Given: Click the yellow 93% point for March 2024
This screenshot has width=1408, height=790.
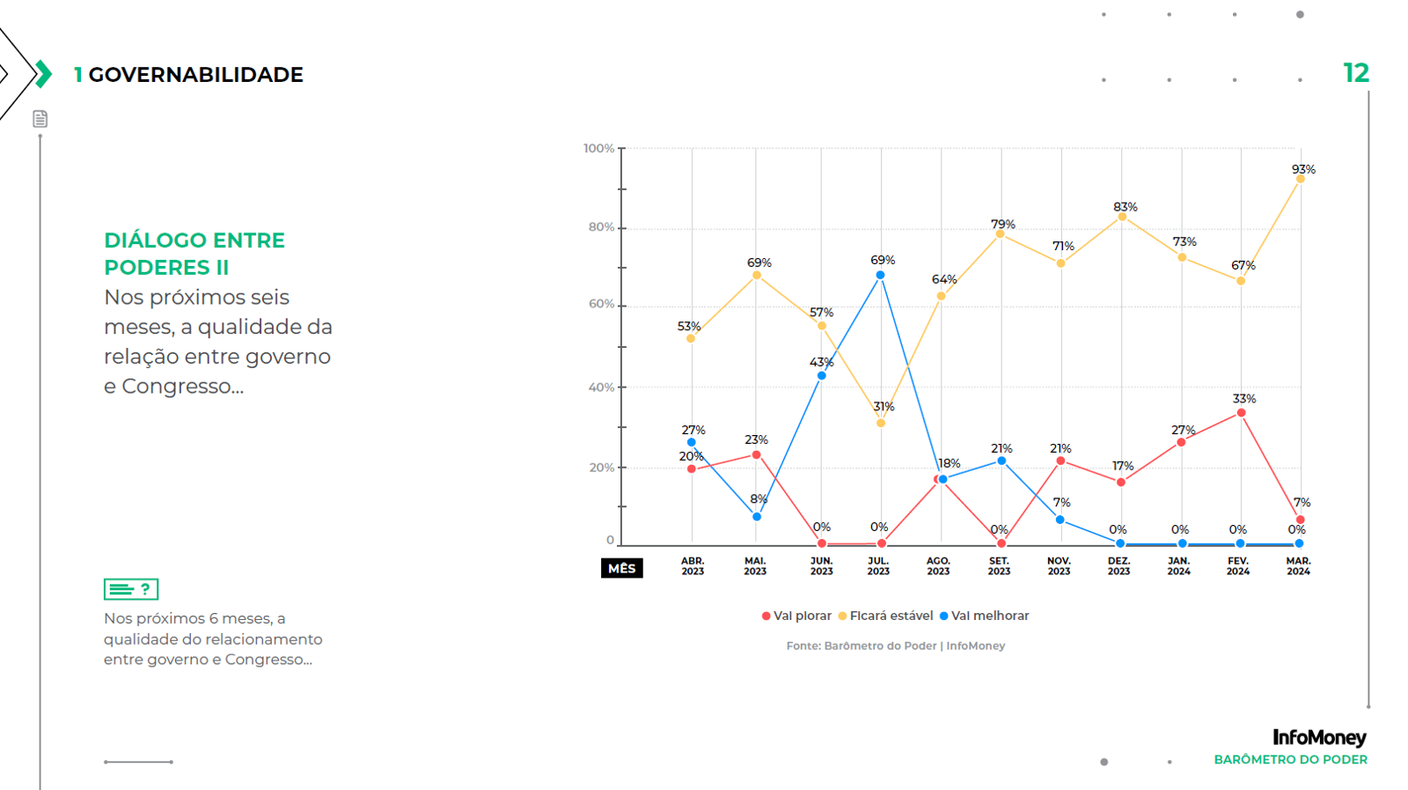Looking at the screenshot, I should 1301,179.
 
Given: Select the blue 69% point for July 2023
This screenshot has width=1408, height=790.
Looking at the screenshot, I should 880,276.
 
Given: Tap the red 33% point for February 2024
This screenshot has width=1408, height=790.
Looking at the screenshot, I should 1241,413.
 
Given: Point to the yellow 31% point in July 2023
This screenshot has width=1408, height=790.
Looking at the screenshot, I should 881,424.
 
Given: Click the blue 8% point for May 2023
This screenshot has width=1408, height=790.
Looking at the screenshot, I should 757,517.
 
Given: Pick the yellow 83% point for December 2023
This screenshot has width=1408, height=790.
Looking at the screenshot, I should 1122,217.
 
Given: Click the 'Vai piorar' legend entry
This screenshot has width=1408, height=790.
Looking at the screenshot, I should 796,616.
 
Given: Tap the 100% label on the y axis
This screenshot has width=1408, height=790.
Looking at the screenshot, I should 598,149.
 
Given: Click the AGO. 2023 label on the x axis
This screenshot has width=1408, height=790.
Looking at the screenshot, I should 938,566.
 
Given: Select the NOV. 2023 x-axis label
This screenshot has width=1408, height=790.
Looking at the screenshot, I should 1059,566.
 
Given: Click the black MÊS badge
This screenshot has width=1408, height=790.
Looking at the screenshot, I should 621,569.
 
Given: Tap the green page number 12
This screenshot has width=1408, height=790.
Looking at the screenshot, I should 1355,73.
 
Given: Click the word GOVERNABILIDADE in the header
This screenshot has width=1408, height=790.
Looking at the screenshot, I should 195,75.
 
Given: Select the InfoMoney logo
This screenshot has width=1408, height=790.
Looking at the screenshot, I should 1319,737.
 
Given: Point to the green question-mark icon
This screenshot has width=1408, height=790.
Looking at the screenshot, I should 131,589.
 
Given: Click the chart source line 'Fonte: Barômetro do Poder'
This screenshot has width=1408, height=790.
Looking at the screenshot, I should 895,646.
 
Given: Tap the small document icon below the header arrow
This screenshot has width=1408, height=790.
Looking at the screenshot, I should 40,119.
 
